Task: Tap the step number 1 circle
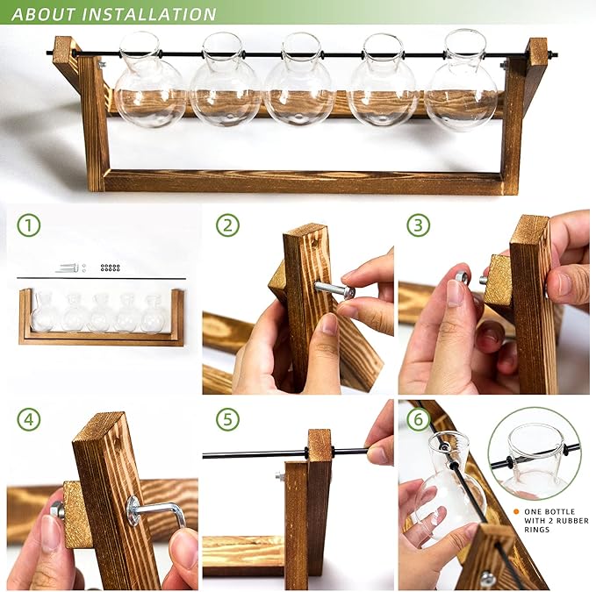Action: click(29, 225)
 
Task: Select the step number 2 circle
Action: click(227, 225)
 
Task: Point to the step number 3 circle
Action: click(418, 225)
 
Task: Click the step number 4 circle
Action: click(29, 419)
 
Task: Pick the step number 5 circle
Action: click(227, 419)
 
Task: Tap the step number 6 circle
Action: click(418, 419)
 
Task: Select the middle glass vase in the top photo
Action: click(298, 82)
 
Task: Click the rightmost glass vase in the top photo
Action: click(461, 82)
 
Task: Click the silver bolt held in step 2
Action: click(334, 288)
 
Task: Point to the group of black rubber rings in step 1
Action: click(110, 267)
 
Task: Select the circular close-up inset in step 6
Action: click(534, 452)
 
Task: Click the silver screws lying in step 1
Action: click(68, 267)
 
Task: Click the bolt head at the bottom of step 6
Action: click(487, 578)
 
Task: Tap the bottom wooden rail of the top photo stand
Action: click(303, 182)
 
